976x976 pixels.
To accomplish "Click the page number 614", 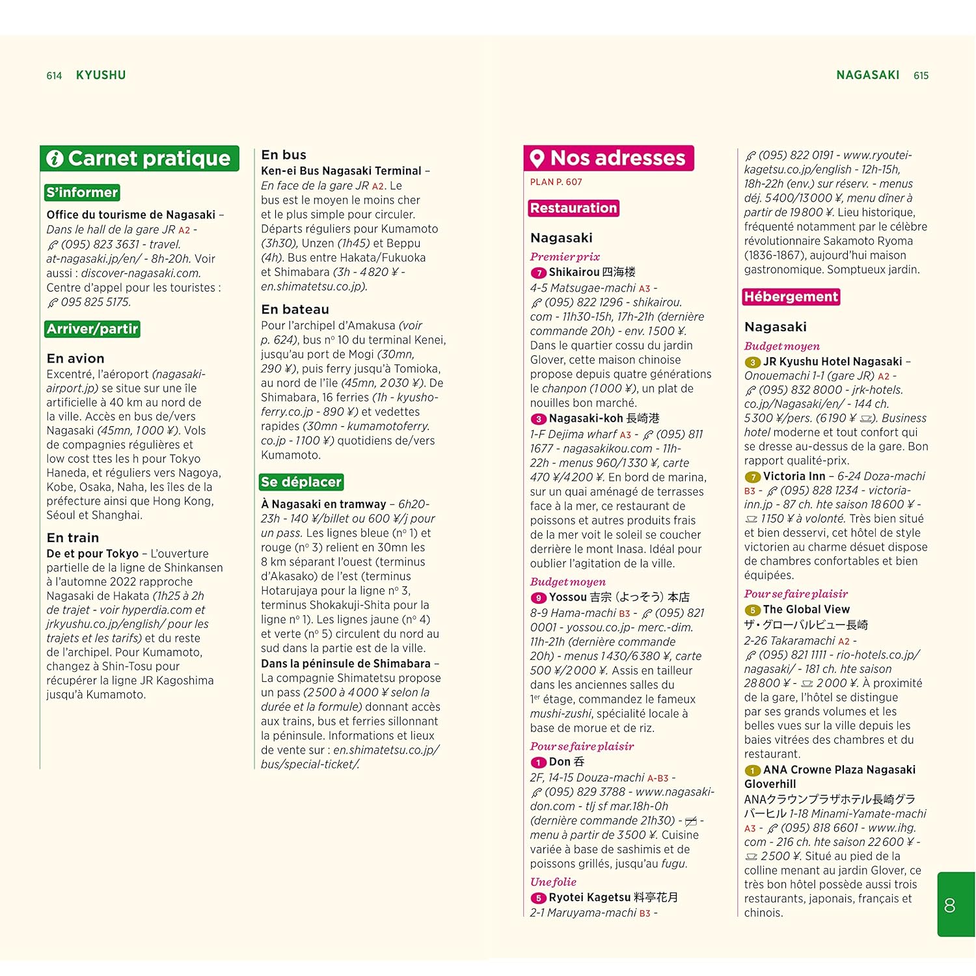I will pyautogui.click(x=54, y=76).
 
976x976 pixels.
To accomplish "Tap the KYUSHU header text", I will pyautogui.click(x=101, y=75).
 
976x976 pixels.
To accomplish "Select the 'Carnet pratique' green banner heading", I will pyautogui.click(x=149, y=159).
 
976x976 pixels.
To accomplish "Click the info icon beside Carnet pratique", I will pyautogui.click(x=55, y=159).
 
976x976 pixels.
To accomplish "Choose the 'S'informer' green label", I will pyautogui.click(x=82, y=193).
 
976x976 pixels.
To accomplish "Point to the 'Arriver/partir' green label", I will pyautogui.click(x=92, y=329).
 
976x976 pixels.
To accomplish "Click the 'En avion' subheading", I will pyautogui.click(x=75, y=359).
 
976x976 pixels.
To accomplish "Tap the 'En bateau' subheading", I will pyautogui.click(x=295, y=310).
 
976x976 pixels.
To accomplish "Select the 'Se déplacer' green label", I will pyautogui.click(x=301, y=482).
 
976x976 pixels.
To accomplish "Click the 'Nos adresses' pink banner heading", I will pyautogui.click(x=617, y=158).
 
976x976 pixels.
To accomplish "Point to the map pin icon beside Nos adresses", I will pyautogui.click(x=537, y=158).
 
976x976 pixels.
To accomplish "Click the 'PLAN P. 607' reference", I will pyautogui.click(x=556, y=182).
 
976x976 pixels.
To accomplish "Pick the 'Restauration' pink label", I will pyautogui.click(x=573, y=208).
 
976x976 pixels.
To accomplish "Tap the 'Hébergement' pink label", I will pyautogui.click(x=791, y=297).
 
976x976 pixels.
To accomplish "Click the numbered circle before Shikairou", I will pyautogui.click(x=538, y=273).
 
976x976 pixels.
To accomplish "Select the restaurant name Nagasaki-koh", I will pyautogui.click(x=586, y=418).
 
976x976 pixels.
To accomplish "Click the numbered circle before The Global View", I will pyautogui.click(x=752, y=610).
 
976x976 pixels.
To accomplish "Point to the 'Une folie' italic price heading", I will pyautogui.click(x=553, y=882).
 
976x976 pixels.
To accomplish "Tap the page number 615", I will pyautogui.click(x=921, y=76).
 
